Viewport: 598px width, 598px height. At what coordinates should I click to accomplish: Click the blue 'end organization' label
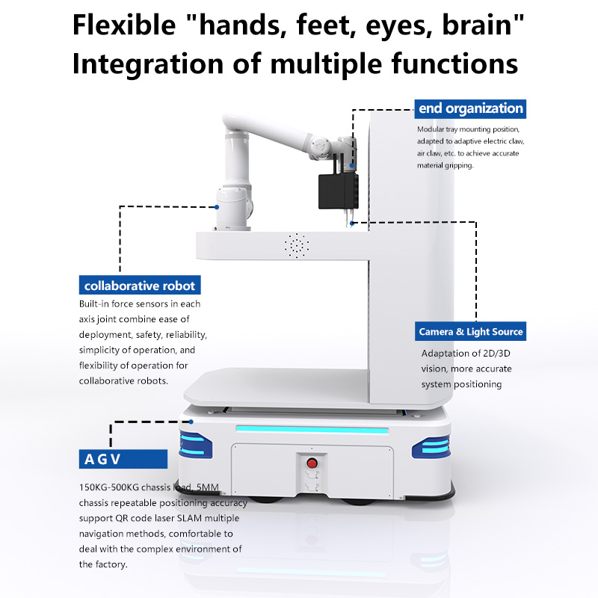click(470, 108)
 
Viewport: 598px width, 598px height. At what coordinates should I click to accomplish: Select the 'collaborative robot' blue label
click(140, 285)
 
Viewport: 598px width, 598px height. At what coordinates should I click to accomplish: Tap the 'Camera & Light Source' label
click(470, 331)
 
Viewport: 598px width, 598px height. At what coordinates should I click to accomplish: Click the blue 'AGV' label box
click(123, 459)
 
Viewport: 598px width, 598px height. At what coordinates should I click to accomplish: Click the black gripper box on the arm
click(338, 191)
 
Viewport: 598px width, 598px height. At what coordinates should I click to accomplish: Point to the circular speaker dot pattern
click(296, 246)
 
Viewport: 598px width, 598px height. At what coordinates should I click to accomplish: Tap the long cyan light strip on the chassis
click(312, 429)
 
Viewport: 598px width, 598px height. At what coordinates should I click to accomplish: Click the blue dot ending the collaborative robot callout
click(217, 207)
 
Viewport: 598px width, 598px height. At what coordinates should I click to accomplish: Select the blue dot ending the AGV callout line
click(191, 422)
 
